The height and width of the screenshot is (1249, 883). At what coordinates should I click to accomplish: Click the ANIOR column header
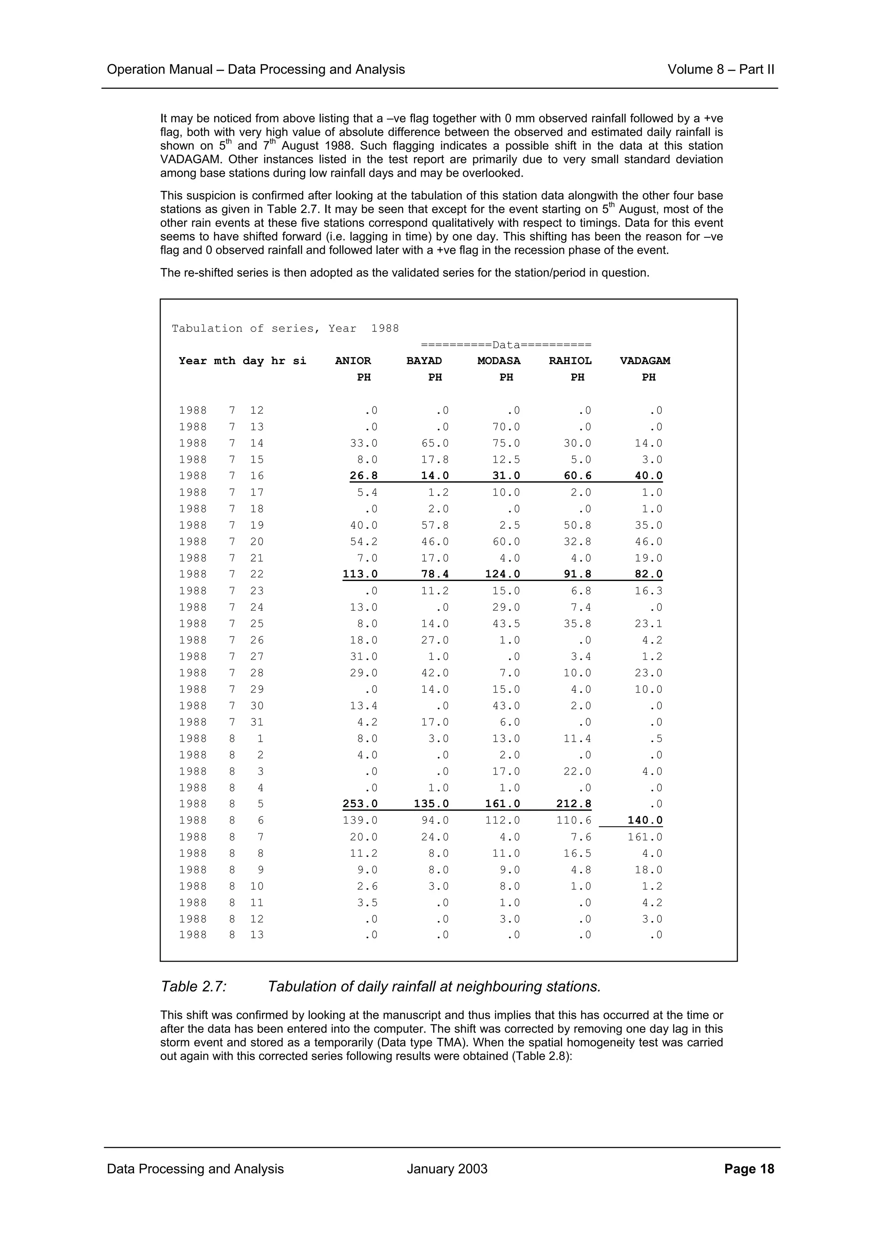353,361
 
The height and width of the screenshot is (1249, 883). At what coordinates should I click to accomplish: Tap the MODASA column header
498,361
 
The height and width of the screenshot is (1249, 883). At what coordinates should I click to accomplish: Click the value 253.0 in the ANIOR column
360,804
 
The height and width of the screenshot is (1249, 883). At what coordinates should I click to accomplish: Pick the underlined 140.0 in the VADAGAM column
645,820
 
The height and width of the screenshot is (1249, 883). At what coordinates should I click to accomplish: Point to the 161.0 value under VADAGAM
645,837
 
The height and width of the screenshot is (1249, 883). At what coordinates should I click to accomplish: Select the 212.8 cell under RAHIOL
573,804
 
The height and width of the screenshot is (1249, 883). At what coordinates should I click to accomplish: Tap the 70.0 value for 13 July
506,427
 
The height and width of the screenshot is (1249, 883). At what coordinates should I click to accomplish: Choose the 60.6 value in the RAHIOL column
577,476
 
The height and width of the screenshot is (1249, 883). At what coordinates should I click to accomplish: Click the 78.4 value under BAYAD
435,575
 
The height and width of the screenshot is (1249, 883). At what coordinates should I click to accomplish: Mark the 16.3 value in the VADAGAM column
648,591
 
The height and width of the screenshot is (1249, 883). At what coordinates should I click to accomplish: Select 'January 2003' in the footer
447,1169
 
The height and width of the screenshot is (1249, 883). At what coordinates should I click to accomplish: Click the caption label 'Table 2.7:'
194,987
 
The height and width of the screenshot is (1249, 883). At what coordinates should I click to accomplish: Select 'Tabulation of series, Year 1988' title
285,328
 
